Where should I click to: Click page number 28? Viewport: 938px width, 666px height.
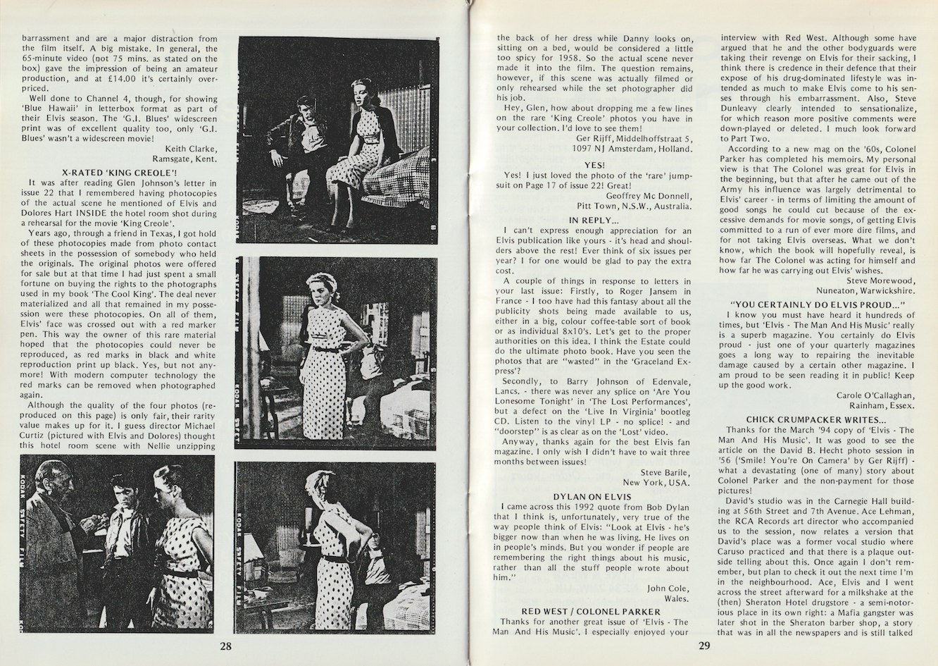tap(225, 645)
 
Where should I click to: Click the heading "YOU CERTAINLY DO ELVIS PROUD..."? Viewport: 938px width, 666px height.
tap(820, 304)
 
